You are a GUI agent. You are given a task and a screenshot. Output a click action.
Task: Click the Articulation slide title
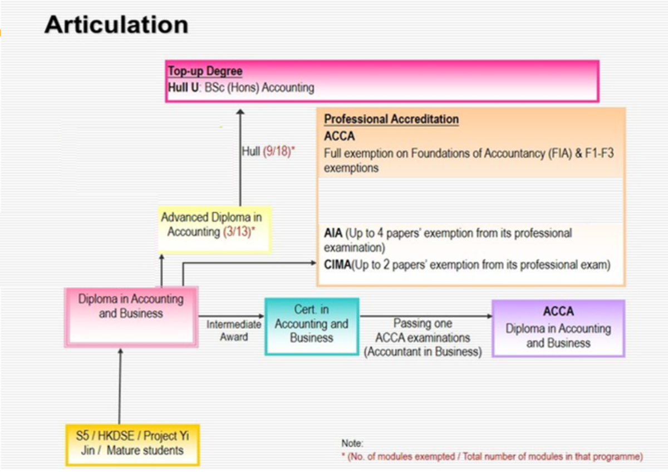coord(116,26)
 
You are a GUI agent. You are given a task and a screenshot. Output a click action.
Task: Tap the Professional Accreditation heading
coord(391,119)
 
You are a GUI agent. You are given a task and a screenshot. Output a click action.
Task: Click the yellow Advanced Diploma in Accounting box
coord(212,225)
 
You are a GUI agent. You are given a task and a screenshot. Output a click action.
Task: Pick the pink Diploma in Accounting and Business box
coord(131,317)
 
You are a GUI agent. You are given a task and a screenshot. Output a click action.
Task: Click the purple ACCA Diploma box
coord(558,328)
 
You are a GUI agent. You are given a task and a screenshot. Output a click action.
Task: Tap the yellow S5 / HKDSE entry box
coord(132,443)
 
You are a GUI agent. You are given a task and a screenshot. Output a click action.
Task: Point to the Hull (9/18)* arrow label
coord(268,152)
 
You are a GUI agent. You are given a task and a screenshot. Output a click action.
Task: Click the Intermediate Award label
coord(234,330)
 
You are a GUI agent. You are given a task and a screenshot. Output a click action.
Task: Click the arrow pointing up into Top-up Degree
coord(240,156)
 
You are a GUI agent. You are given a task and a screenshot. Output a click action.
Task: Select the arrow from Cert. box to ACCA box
coord(426,317)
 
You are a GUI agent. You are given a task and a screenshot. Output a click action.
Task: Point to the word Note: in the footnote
coord(352,444)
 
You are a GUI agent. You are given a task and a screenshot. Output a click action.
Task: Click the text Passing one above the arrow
coord(423,324)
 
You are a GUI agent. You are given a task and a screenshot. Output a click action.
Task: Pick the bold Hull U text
coord(183,87)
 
